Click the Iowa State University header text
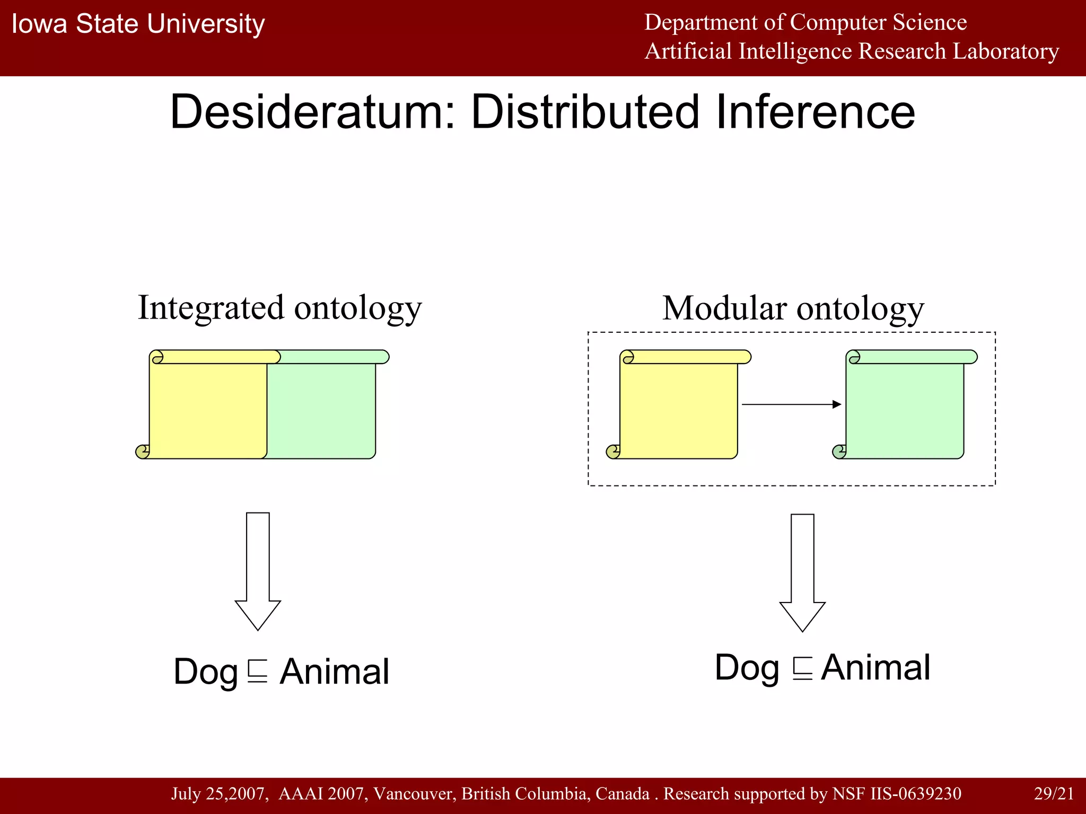pos(138,24)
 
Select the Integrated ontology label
pos(279,308)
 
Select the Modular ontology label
pos(793,308)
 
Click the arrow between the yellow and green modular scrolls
pos(791,404)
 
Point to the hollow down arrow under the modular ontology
pos(802,572)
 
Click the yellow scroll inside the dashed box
pos(678,408)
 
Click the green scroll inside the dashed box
pos(905,408)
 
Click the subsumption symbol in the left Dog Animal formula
pos(258,671)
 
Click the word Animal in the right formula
pos(875,667)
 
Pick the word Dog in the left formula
pos(206,672)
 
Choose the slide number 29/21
pos(1054,793)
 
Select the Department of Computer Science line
pos(805,23)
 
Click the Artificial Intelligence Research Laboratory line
pos(852,51)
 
